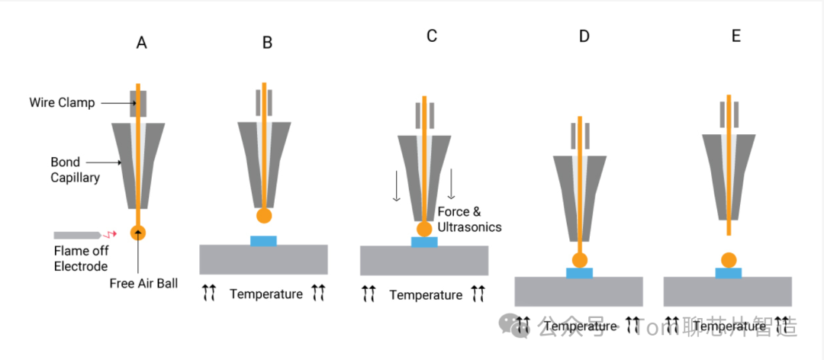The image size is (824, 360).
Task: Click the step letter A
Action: click(x=141, y=43)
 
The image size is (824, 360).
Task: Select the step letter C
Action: click(x=432, y=36)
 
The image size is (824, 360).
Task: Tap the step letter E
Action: click(x=736, y=36)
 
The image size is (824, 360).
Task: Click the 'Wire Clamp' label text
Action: click(x=63, y=102)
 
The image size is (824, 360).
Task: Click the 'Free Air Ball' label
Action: click(x=143, y=284)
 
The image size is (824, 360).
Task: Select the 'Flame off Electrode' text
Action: click(x=80, y=257)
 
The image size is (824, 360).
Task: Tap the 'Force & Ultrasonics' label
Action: click(x=470, y=220)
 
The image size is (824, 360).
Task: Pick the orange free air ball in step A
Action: click(x=138, y=231)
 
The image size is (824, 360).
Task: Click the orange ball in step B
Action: click(x=264, y=216)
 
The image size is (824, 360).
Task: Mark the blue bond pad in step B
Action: click(x=263, y=241)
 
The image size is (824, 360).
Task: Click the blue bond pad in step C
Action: click(x=424, y=242)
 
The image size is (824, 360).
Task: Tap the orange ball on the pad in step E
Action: click(x=729, y=259)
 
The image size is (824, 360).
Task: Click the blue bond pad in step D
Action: click(x=580, y=272)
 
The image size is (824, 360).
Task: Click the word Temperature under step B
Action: click(x=266, y=294)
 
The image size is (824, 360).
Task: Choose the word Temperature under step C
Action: click(x=426, y=294)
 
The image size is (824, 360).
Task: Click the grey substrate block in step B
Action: click(x=263, y=259)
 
